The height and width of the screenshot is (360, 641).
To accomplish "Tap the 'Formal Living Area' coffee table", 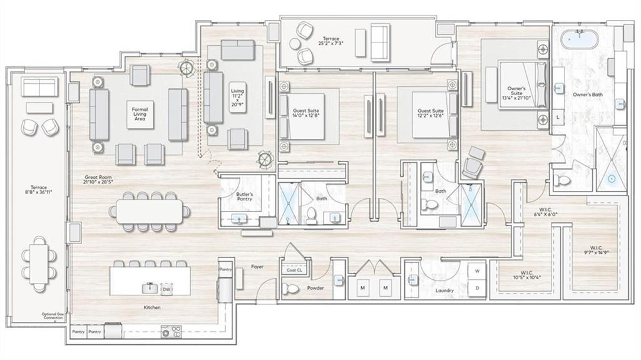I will (140, 113).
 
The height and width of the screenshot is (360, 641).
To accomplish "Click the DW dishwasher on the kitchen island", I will (167, 289).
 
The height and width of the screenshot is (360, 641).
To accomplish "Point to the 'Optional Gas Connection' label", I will (53, 316).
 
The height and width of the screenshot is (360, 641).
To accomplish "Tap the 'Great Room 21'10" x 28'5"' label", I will (100, 180).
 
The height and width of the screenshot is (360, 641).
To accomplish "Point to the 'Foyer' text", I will (257, 267).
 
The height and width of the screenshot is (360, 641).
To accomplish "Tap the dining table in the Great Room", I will (150, 210).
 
